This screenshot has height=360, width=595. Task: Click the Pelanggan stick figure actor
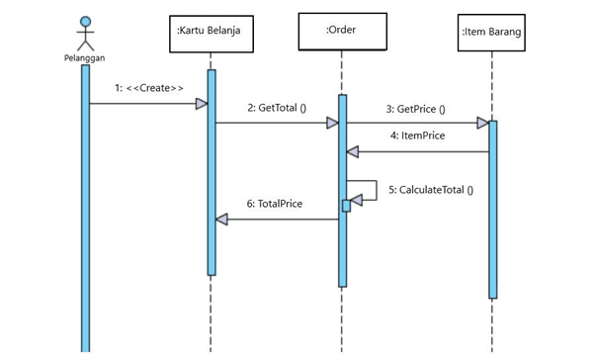click(85, 34)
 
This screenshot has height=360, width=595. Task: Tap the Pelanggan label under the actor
click(84, 58)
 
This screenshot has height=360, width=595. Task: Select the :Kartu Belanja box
click(212, 34)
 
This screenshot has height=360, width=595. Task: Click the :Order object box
click(343, 32)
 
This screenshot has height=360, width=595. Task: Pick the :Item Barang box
click(491, 33)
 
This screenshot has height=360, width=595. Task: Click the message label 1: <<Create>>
click(149, 88)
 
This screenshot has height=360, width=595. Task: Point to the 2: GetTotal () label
click(277, 108)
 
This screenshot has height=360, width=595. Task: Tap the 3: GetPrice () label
click(416, 109)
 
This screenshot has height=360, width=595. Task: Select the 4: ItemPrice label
click(417, 135)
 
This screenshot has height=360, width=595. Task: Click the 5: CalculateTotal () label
click(431, 190)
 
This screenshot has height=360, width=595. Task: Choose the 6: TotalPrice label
click(275, 204)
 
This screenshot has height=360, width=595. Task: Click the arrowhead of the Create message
click(202, 104)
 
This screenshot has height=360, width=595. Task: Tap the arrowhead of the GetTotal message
click(332, 123)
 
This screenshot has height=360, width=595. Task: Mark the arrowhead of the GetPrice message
click(483, 123)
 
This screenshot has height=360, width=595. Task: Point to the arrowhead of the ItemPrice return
click(353, 152)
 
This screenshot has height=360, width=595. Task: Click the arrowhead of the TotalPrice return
click(221, 220)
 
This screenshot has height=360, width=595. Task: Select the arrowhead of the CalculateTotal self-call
click(357, 200)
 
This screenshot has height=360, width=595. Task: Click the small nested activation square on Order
click(347, 206)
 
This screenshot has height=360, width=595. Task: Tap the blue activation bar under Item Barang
click(493, 210)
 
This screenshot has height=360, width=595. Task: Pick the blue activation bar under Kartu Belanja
click(212, 172)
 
